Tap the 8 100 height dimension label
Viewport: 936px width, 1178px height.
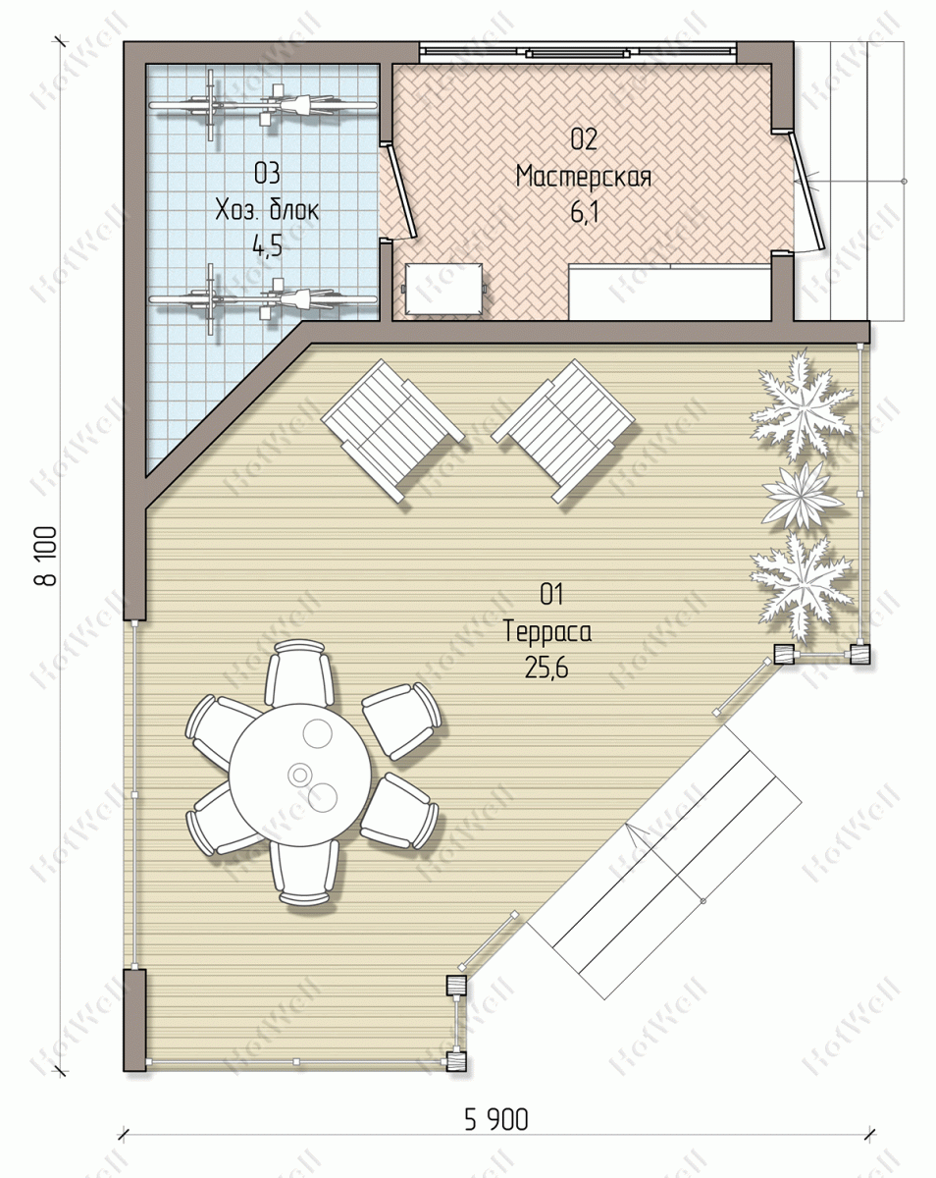(x=48, y=557)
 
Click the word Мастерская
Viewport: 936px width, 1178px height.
(x=583, y=177)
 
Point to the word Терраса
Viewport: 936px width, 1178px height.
(x=546, y=632)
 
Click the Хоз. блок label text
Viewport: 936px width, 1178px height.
(x=267, y=210)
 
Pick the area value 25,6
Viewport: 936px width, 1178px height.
(x=546, y=668)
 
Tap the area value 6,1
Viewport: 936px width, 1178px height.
(x=584, y=212)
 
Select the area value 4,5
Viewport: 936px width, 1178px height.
(x=267, y=246)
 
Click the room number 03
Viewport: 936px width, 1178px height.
(x=267, y=174)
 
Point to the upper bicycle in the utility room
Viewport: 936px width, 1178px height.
(x=263, y=104)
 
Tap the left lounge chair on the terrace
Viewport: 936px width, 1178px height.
(x=392, y=430)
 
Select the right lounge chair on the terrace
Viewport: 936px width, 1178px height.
(x=564, y=430)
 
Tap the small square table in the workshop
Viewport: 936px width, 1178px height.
(x=444, y=289)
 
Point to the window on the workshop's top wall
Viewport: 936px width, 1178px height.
(x=578, y=53)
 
